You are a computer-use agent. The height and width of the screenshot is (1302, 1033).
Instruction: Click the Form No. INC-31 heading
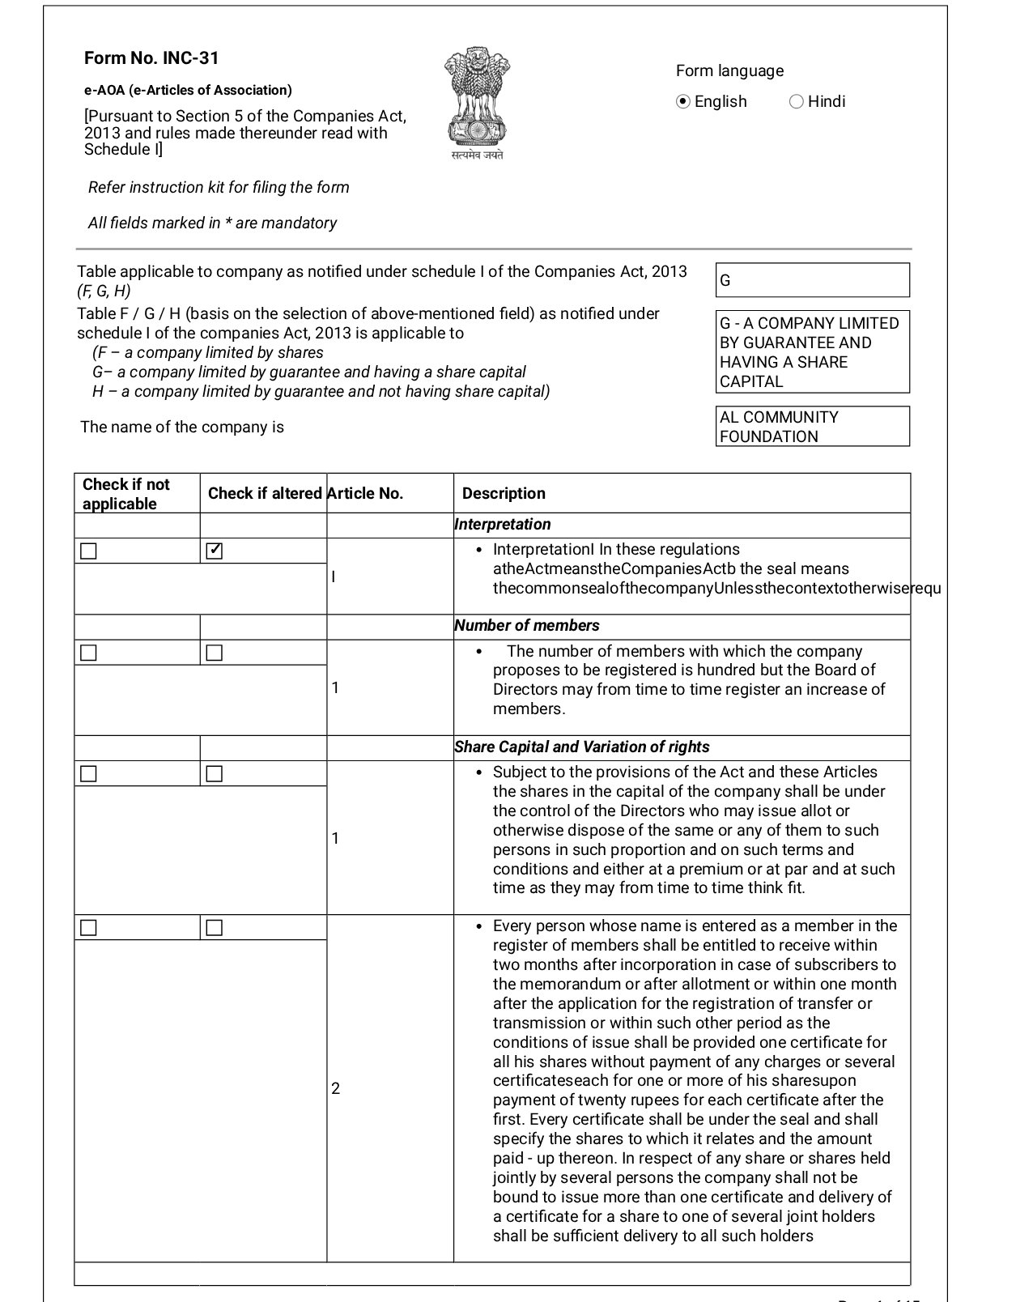[x=151, y=58]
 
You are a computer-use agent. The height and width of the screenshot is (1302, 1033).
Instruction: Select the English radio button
[x=683, y=101]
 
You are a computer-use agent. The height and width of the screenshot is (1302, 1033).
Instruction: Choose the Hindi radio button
[x=797, y=101]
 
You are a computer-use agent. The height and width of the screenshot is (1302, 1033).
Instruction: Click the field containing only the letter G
[x=812, y=280]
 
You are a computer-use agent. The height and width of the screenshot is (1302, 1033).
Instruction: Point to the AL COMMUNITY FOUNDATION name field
[x=812, y=427]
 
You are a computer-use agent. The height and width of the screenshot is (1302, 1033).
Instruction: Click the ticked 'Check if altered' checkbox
[x=215, y=551]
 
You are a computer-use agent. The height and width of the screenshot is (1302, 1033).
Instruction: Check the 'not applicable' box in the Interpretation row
[x=89, y=551]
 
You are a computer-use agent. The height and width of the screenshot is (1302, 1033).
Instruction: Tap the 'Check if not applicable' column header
[x=126, y=494]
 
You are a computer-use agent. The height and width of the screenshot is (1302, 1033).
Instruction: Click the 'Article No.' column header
[x=365, y=494]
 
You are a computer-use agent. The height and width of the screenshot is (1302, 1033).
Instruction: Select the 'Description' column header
[x=504, y=494]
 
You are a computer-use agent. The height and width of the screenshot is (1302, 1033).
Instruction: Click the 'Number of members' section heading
[x=527, y=626]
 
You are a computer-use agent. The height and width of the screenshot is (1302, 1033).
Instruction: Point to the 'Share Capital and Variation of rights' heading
[x=582, y=747]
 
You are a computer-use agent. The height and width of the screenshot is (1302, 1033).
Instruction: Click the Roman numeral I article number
[x=334, y=577]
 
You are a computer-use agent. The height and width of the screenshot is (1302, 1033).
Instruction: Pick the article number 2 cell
[x=336, y=1088]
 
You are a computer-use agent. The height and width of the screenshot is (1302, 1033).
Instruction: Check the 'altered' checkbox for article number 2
[x=215, y=928]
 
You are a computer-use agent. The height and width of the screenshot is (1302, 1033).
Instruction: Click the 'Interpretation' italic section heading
[x=503, y=525]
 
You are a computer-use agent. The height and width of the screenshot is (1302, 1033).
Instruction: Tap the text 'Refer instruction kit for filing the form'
[x=219, y=188]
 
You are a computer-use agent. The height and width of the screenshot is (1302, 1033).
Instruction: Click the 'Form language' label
[x=729, y=71]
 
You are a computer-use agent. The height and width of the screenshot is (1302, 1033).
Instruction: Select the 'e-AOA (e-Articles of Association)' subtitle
[x=188, y=91]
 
